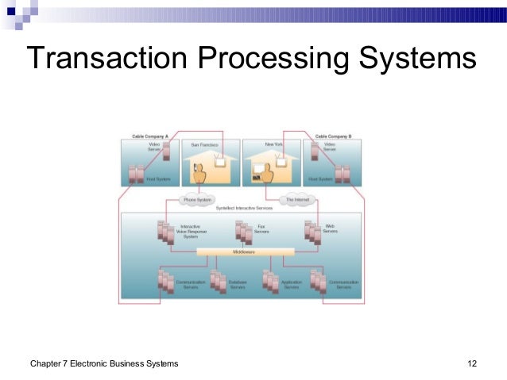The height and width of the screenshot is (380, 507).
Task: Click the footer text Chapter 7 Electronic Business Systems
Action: coord(104,364)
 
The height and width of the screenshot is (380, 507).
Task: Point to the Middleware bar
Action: coord(242,251)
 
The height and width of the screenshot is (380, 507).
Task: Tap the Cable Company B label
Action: coord(335,136)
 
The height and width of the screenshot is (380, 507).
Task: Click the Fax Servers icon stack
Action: coord(242,231)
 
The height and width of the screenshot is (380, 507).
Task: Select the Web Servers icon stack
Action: coord(312,231)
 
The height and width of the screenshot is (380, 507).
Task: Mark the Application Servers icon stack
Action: coord(270,282)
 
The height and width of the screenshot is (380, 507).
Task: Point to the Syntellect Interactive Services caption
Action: coord(242,207)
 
